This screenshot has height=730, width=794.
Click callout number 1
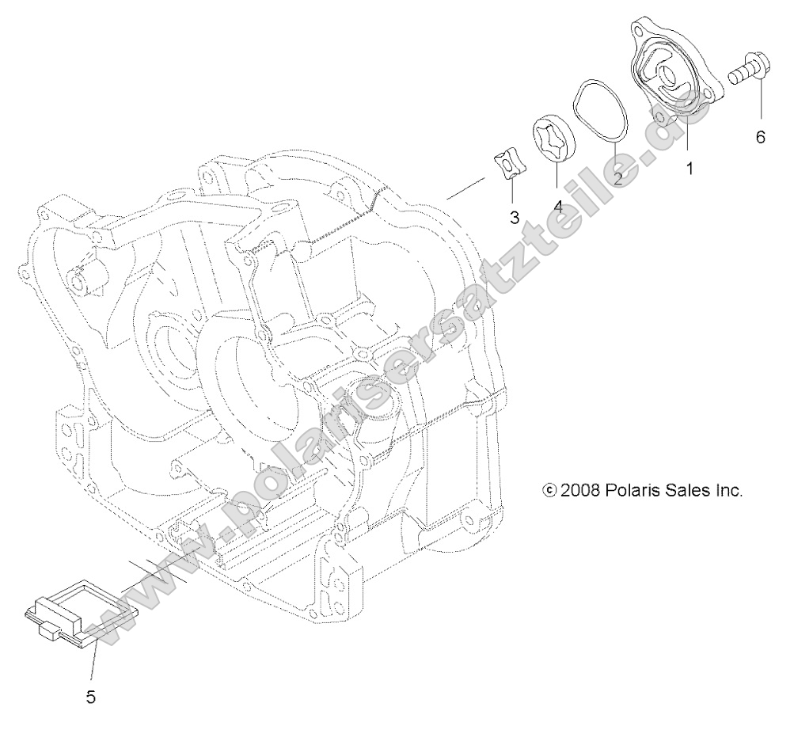(690, 169)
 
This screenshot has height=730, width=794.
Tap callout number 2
(617, 178)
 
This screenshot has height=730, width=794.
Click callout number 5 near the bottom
(90, 698)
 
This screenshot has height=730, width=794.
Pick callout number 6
(760, 138)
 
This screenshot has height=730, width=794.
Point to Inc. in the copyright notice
(728, 490)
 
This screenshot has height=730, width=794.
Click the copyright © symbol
(549, 491)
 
